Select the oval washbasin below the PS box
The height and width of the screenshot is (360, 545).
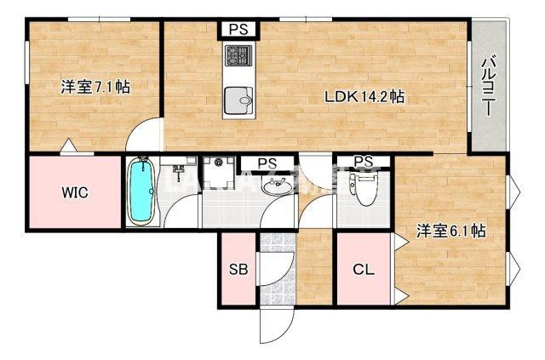point(275,188)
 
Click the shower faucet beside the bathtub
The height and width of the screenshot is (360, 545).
point(179,173)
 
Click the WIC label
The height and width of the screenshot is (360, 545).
point(74,191)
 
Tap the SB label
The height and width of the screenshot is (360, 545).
point(238,271)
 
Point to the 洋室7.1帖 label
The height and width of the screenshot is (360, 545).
point(95,86)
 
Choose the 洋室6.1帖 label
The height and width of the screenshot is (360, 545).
point(450,230)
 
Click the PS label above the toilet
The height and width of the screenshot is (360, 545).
point(364,162)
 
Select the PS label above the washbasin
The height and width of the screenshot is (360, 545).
point(267,162)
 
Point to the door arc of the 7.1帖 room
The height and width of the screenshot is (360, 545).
point(145,136)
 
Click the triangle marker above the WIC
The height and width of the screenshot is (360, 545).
point(66,146)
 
